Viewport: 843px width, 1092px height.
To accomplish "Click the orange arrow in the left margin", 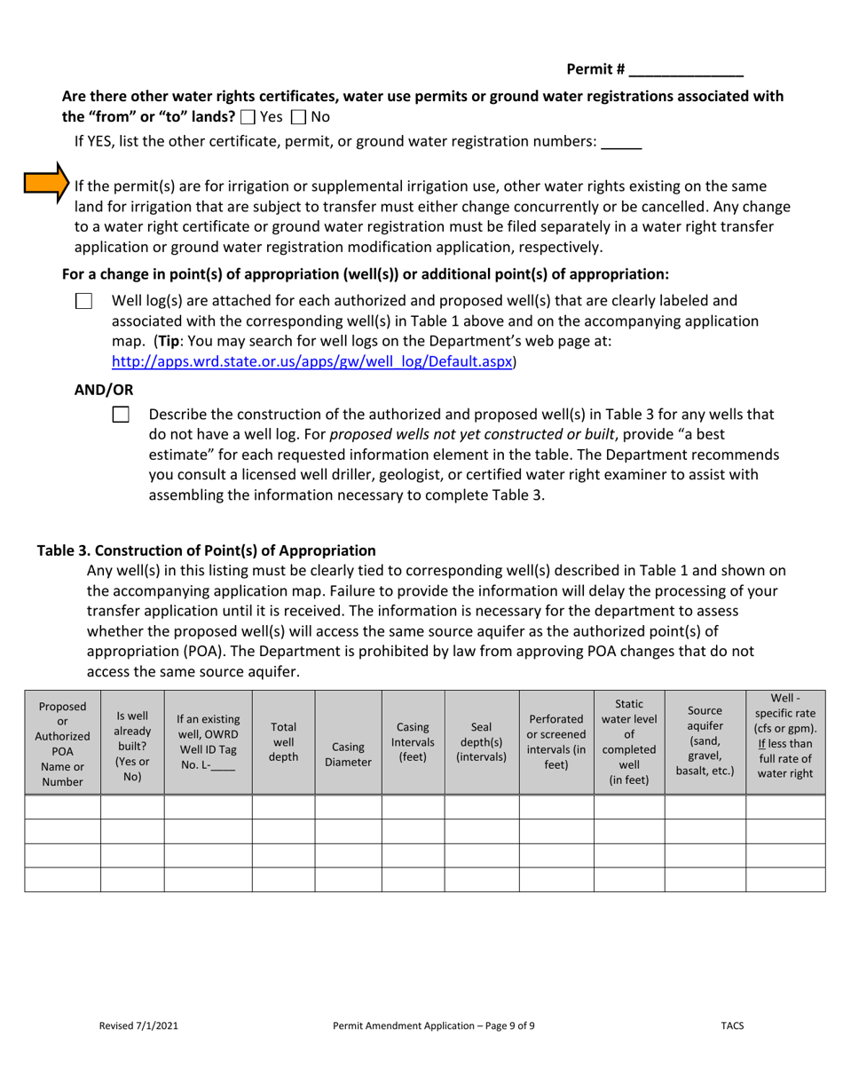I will [x=45, y=184].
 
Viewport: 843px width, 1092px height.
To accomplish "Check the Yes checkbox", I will [x=248, y=116].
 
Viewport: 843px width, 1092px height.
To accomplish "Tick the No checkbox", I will [x=298, y=116].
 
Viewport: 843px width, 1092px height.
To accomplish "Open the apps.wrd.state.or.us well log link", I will [x=312, y=362].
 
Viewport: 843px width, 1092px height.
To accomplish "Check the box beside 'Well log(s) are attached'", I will [x=83, y=301].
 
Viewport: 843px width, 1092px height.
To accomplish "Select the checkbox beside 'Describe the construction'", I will [x=121, y=415].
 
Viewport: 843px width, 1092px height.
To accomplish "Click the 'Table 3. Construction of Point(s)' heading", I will [x=206, y=550].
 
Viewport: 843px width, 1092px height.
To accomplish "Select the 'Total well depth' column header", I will [x=283, y=742].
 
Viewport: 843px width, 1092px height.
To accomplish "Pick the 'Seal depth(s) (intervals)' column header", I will [x=481, y=742].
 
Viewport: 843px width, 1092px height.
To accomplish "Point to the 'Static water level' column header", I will [x=628, y=742].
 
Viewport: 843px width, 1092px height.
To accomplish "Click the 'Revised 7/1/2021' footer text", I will [x=138, y=1025].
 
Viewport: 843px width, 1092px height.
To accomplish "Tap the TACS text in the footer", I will [x=732, y=1025].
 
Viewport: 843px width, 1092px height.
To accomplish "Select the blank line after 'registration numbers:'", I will [x=621, y=143].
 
